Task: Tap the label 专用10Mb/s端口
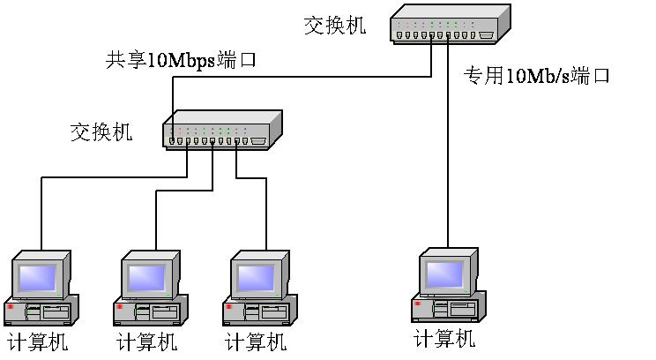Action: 537,76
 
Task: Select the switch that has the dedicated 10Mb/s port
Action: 449,24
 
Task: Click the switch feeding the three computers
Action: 221,130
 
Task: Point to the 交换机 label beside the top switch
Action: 334,25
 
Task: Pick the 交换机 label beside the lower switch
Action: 101,132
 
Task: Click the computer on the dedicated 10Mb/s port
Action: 447,286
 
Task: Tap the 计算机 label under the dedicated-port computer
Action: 444,338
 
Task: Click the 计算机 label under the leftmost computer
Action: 37,341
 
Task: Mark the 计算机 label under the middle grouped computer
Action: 146,341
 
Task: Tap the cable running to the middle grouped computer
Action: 156,216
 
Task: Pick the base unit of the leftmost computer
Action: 41,311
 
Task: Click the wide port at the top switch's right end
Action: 486,35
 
